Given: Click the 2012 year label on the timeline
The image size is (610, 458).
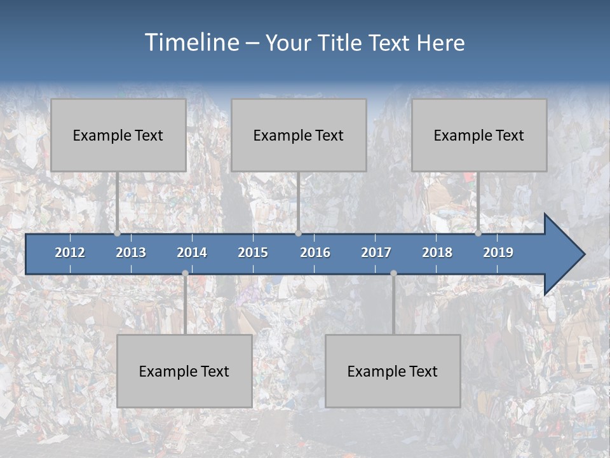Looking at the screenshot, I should point(70,253).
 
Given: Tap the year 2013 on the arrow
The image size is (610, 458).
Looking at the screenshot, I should point(131,253).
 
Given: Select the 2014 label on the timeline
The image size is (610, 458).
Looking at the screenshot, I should point(192,253).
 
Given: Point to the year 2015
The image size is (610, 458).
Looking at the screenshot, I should point(253,253).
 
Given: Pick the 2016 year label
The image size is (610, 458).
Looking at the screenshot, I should point(315,253).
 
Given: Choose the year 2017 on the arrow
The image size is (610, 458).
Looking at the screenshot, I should point(376,253).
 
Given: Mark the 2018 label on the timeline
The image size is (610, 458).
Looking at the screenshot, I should point(437,253).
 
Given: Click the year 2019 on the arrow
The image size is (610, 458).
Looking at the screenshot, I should point(498,253).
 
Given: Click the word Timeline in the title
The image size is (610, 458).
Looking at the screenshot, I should point(191,43).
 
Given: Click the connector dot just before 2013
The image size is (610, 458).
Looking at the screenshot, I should point(118,233).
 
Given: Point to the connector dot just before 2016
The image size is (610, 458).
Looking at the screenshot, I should point(298,233).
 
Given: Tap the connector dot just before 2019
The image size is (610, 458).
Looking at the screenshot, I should point(478,233).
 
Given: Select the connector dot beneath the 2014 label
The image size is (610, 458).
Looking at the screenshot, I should point(185,273).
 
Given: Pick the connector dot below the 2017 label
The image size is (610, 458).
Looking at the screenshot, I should point(393,273).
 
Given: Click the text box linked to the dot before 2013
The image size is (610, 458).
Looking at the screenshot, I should point(118,135).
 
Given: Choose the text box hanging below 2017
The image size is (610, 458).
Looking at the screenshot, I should point(393,371).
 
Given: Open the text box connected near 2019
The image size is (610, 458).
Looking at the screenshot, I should point(479,135).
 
